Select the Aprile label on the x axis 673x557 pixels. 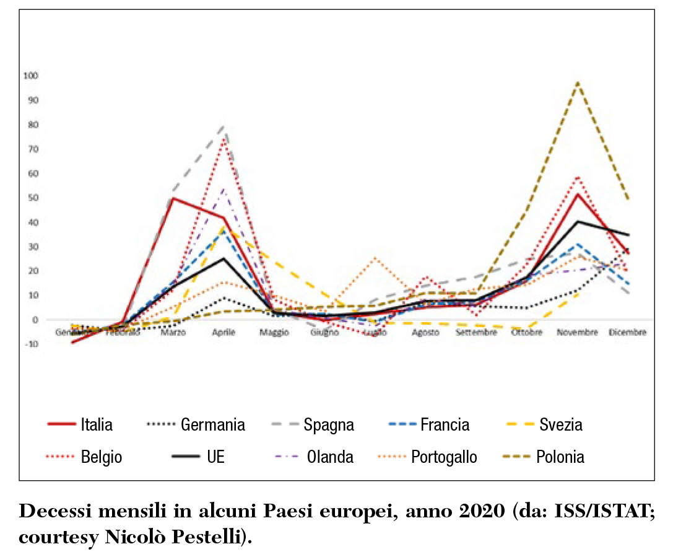[224, 333]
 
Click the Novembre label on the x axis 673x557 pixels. [577, 333]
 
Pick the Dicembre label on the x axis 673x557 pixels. [628, 333]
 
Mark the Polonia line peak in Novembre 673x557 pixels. [578, 82]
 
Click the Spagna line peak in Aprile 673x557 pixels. [224, 126]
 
